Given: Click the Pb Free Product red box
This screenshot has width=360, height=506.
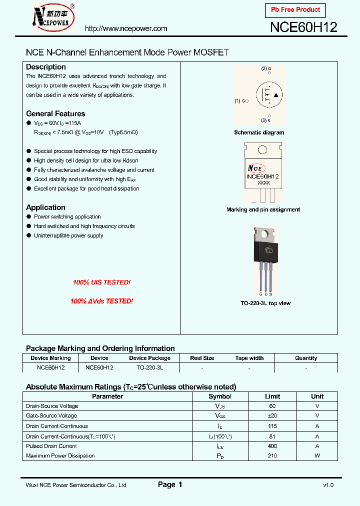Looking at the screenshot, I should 295,10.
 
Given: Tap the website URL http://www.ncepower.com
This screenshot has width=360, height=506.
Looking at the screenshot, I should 126,28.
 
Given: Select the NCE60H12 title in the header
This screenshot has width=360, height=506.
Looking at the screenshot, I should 303,27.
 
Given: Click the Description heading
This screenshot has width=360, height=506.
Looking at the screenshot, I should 46,67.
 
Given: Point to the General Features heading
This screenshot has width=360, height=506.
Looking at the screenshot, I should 55,113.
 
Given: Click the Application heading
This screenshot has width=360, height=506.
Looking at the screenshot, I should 45,207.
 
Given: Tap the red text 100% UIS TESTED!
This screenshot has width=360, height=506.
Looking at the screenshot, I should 101,282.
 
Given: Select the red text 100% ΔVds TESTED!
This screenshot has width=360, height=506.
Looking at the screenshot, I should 101,301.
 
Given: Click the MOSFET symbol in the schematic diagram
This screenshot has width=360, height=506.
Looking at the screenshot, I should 270,95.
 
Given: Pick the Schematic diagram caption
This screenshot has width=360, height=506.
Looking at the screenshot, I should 259,132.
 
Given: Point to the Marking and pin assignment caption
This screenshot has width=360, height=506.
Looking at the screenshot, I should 263,209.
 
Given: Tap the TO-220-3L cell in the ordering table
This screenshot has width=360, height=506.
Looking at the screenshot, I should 149,367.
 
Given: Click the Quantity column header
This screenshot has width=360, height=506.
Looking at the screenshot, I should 306,358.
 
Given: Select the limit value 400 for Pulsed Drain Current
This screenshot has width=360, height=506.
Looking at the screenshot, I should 272,446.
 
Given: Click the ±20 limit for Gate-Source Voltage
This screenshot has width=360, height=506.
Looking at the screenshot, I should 272,415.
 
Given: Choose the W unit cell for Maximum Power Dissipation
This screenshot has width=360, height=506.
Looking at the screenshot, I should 317,455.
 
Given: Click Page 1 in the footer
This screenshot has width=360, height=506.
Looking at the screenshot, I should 170,484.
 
